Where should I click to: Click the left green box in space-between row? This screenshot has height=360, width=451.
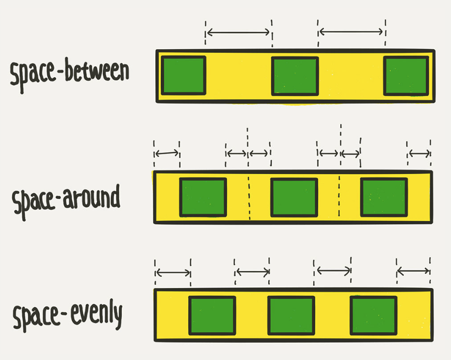183,75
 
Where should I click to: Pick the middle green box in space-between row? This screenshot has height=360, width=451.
295,76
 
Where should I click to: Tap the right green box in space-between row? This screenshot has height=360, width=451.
406,75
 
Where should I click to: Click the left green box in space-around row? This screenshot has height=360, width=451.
203,197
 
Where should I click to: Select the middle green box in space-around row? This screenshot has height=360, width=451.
294,197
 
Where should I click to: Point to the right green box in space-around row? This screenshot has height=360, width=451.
384,197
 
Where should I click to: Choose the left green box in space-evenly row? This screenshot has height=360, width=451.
213,316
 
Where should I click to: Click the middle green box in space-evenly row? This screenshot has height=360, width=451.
291,316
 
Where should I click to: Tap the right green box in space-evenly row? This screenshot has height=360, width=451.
374,316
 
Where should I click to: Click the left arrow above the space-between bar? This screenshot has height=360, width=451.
238,32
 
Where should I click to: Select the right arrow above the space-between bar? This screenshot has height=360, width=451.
351,32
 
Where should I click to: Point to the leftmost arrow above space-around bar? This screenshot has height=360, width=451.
167,154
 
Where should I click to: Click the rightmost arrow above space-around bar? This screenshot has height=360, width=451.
420,154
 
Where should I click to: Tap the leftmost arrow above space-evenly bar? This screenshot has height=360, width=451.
173,273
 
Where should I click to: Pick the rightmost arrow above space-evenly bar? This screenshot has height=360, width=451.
413,272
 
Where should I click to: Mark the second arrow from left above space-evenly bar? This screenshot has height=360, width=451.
253,272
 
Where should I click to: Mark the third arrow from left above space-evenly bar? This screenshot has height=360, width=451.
333,271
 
